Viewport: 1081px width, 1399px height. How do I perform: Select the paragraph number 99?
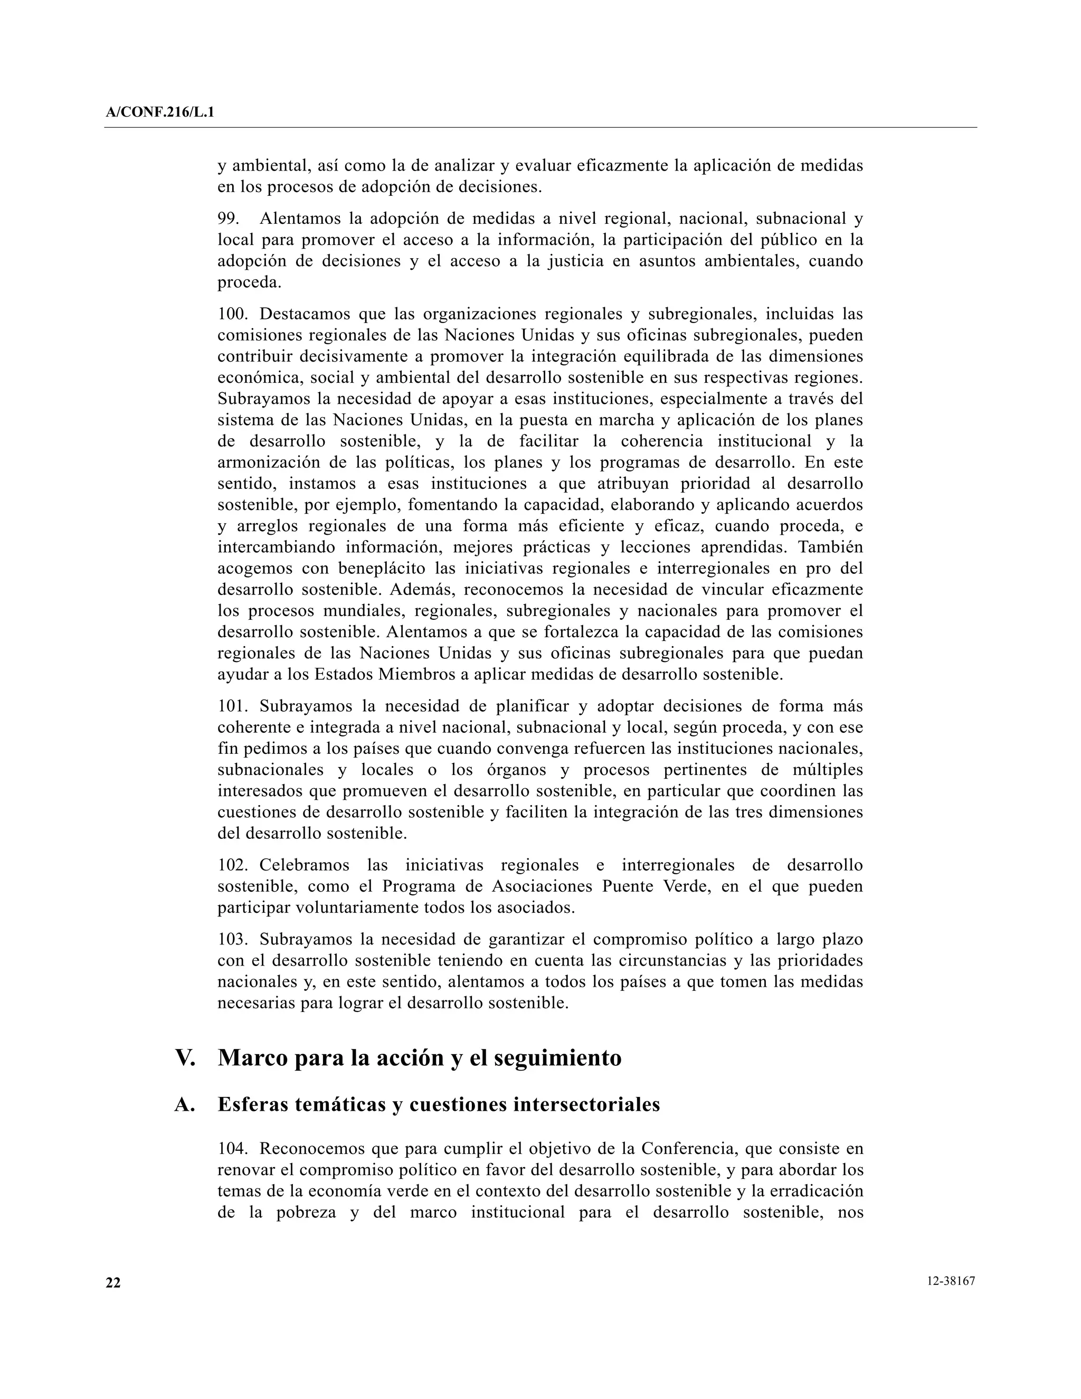[227, 219]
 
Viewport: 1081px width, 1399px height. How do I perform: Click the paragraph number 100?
[232, 315]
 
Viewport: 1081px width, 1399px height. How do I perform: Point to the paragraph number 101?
[232, 706]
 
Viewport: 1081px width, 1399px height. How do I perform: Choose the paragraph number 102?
[232, 865]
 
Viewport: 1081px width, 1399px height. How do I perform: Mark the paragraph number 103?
[232, 940]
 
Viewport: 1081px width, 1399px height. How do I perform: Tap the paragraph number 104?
[232, 1149]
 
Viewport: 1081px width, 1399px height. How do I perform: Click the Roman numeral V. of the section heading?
[185, 1057]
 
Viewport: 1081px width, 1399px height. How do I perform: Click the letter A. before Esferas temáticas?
[184, 1105]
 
